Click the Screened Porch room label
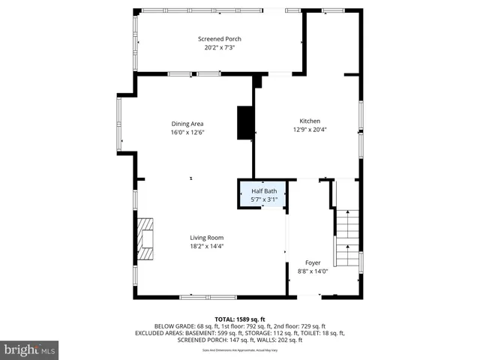tap(219, 39)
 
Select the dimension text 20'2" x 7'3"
tap(219, 47)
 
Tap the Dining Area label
tap(187, 124)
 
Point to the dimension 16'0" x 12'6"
tap(187, 132)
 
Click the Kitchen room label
tap(310, 121)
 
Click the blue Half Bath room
tap(262, 195)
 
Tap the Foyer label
tap(313, 263)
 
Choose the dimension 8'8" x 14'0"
tap(313, 271)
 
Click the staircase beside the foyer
tap(346, 238)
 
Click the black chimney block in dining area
tap(245, 123)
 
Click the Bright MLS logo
tap(30, 349)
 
